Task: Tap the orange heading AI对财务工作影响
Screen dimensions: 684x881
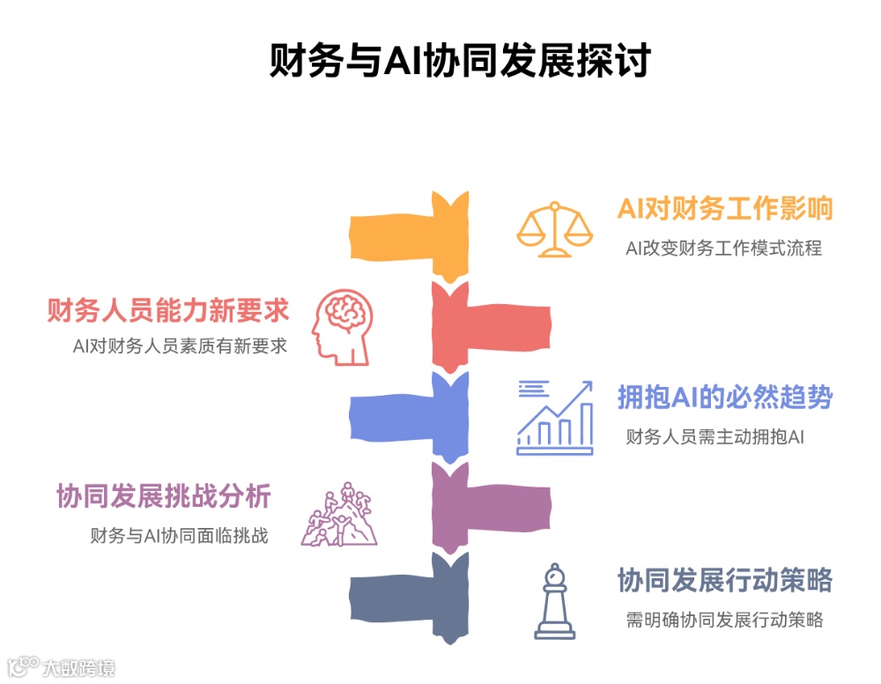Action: click(725, 209)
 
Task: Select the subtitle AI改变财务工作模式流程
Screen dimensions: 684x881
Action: click(723, 249)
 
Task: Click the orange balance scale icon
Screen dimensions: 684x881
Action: click(554, 229)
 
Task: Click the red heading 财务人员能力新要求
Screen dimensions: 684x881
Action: click(168, 310)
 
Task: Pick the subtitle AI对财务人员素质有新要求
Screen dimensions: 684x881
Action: click(180, 346)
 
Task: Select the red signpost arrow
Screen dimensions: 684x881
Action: click(489, 327)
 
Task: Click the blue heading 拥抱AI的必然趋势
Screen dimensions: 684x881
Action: click(725, 398)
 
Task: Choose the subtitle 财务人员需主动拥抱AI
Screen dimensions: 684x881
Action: click(714, 436)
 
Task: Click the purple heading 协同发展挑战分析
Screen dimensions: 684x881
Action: click(163, 496)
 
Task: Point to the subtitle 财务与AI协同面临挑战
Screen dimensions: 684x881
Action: click(179, 535)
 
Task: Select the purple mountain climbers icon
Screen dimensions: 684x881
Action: click(339, 515)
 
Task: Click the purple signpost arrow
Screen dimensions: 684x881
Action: click(489, 507)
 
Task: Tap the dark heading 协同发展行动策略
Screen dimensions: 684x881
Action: click(725, 581)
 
